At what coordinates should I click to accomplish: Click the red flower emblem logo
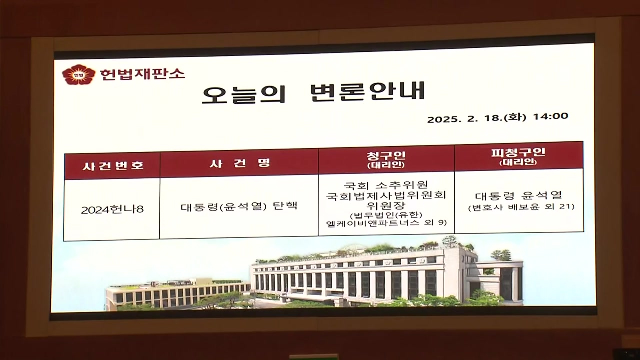click(78, 75)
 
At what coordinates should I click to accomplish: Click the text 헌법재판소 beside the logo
click(142, 74)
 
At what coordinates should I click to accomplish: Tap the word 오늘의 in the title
click(244, 93)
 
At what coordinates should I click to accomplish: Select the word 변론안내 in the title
click(367, 91)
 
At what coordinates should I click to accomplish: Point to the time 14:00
click(551, 116)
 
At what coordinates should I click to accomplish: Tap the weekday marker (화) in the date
click(515, 117)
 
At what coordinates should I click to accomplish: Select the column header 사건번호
click(113, 166)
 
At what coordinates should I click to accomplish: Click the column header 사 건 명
click(240, 163)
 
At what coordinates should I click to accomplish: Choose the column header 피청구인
click(518, 152)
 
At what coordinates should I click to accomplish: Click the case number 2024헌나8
click(112, 210)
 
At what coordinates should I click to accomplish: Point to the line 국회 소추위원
click(385, 185)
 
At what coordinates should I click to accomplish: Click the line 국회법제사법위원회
click(386, 195)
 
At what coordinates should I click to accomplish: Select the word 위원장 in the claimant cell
click(386, 205)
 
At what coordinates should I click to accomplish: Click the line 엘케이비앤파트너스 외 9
click(386, 223)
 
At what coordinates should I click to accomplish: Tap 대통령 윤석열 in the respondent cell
click(519, 196)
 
